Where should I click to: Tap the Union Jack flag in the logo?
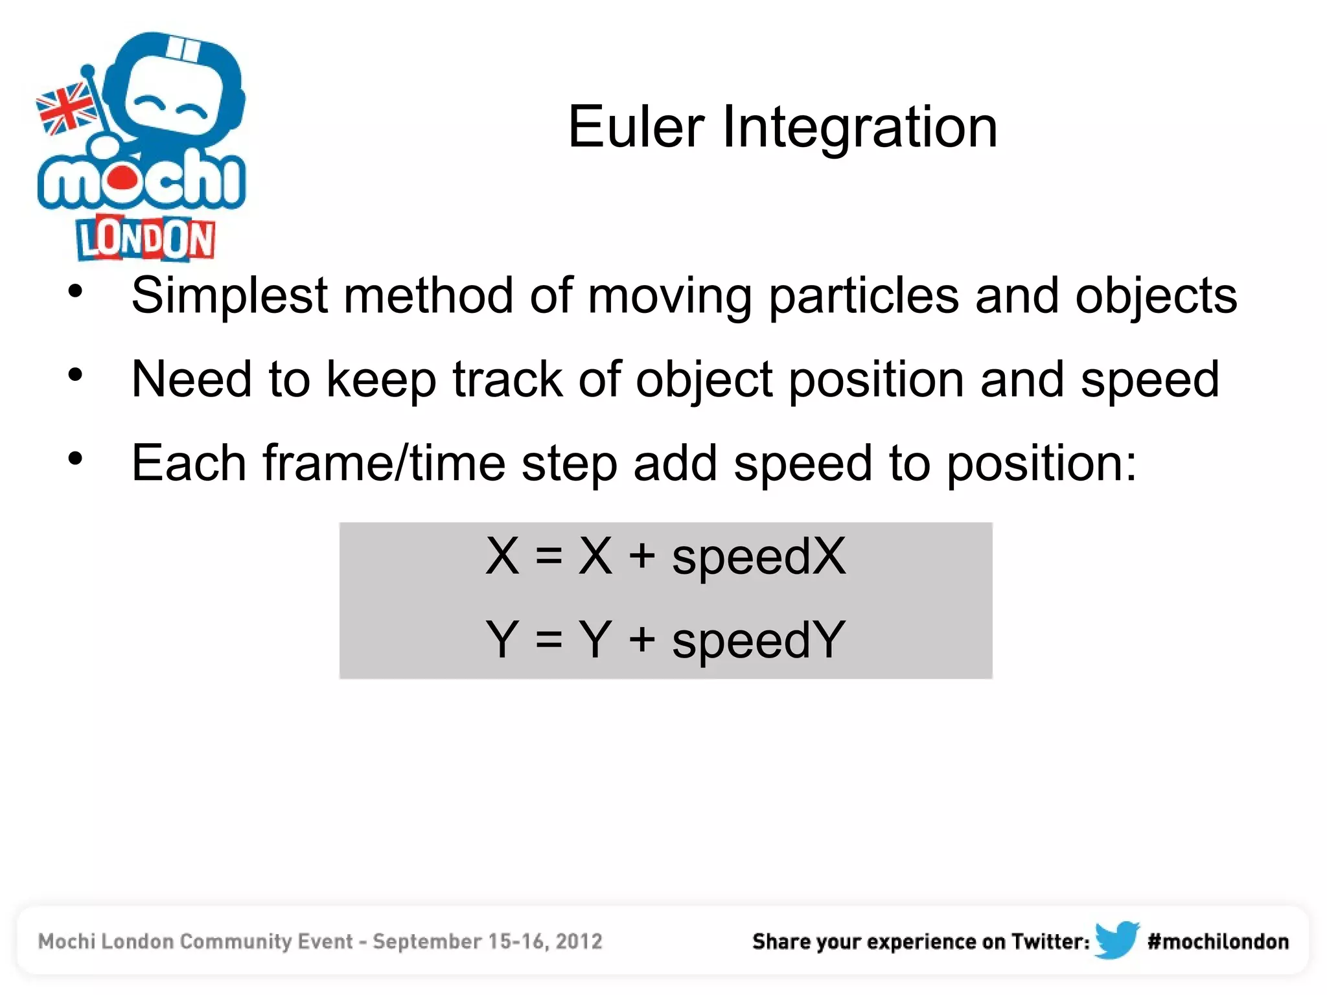[65, 109]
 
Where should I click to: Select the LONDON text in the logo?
[145, 238]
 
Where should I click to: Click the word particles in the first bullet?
[863, 296]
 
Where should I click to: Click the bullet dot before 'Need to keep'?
[76, 375]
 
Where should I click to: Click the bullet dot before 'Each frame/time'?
[76, 459]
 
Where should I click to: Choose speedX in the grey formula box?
[758, 556]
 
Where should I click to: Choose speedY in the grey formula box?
[758, 640]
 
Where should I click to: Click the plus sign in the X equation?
[642, 556]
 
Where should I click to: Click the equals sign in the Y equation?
[548, 640]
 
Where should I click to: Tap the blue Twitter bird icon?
[1116, 940]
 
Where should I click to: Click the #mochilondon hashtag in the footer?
[1217, 941]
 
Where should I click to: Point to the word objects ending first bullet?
[1155, 296]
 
